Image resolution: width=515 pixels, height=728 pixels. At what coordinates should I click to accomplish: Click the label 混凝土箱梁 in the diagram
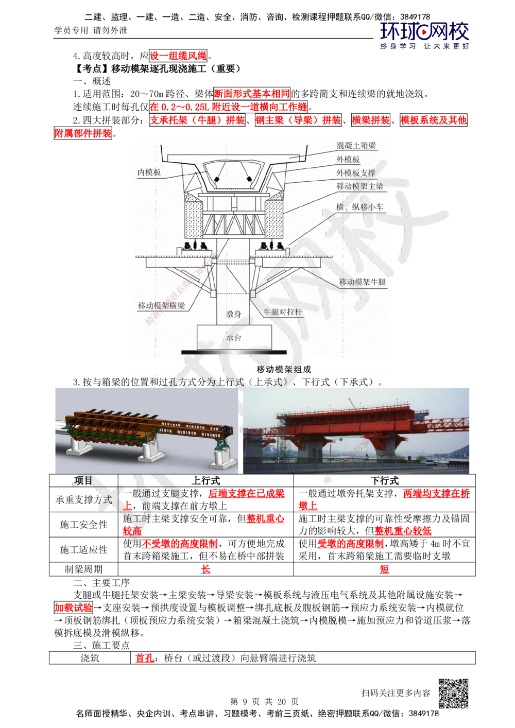[356, 146]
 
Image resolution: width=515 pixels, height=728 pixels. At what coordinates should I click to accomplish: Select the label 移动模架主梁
[360, 186]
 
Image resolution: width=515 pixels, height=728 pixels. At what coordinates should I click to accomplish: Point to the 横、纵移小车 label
[360, 206]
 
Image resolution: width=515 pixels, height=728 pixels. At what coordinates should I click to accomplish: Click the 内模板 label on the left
[149, 172]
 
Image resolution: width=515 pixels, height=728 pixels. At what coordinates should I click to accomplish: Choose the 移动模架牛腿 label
[362, 282]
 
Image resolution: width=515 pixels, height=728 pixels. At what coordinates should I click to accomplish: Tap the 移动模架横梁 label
[162, 305]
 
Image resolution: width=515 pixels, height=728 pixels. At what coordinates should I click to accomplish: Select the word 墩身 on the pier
[234, 314]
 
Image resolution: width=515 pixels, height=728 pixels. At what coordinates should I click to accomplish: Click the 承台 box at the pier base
[235, 338]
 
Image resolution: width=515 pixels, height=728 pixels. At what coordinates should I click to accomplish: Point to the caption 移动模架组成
[283, 369]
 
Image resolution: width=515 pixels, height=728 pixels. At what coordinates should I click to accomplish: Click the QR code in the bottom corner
[453, 694]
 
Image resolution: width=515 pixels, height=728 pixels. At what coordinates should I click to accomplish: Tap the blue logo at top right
[424, 34]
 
